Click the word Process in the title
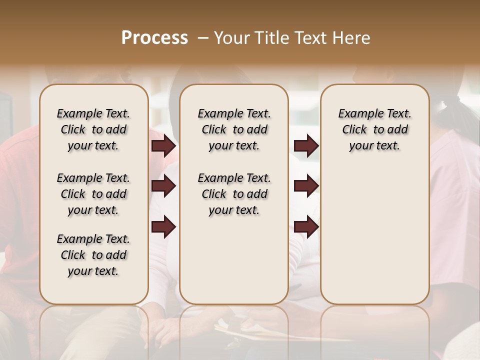click(154, 37)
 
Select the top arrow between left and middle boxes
click(163, 146)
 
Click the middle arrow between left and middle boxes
click(163, 186)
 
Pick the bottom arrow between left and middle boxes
click(163, 227)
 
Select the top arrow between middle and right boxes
click(306, 146)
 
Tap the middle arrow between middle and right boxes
click(306, 186)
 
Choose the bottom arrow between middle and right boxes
click(306, 227)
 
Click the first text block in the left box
click(93, 129)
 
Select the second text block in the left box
click(93, 194)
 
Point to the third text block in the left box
click(93, 255)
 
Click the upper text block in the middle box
click(234, 129)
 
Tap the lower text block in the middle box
click(234, 194)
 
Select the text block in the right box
click(374, 129)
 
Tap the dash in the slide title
click(203, 38)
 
